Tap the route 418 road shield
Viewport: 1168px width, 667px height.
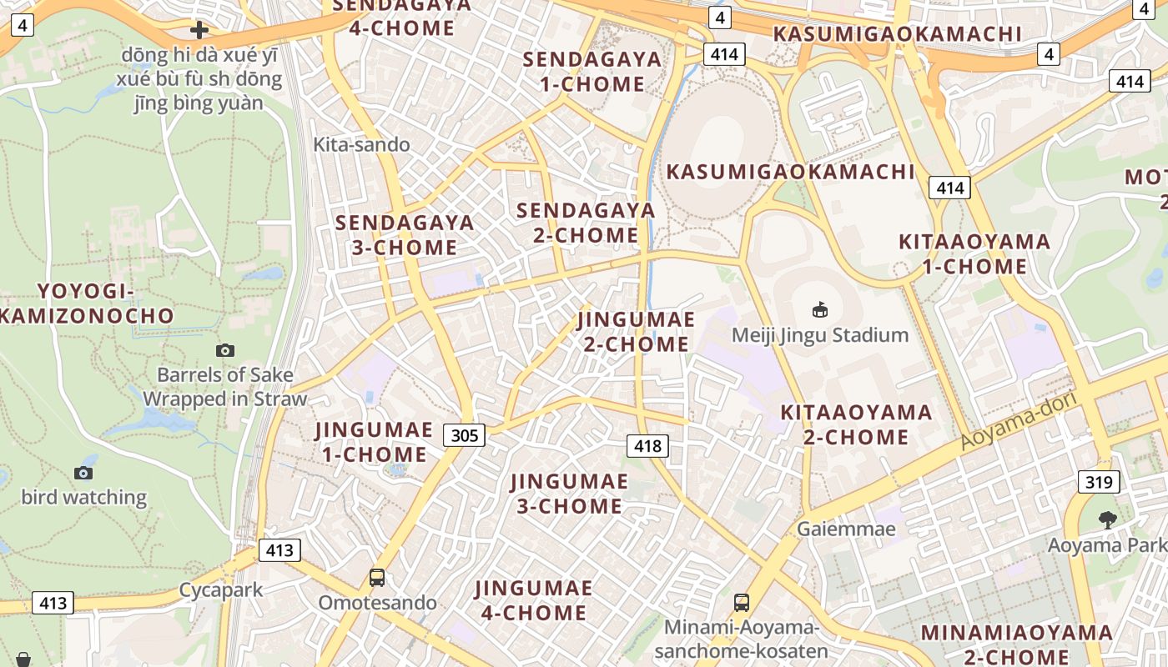click(x=647, y=446)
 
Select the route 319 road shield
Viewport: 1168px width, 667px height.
click(x=1099, y=481)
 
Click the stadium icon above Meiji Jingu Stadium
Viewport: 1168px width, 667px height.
click(x=820, y=310)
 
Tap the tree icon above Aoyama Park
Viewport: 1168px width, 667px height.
click(x=1107, y=520)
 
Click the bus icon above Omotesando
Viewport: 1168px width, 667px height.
click(x=377, y=577)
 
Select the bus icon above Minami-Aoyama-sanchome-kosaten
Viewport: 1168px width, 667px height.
click(x=741, y=602)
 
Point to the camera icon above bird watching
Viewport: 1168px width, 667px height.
click(x=83, y=473)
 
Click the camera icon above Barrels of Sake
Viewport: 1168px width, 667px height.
click(x=224, y=350)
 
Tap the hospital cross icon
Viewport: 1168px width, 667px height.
click(x=199, y=31)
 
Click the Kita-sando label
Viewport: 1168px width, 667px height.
click(x=361, y=145)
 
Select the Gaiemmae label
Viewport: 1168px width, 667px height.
click(x=846, y=529)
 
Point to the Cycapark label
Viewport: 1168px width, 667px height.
click(x=221, y=590)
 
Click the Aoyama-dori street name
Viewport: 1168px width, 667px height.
click(x=1019, y=420)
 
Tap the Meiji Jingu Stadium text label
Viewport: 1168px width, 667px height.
click(x=819, y=335)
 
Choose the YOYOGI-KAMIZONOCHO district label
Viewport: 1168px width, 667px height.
click(x=86, y=303)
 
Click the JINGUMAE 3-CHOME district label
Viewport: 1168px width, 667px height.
click(x=568, y=494)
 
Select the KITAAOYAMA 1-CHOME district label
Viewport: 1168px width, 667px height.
click(x=974, y=254)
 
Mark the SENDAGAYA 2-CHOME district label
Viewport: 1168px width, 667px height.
click(x=586, y=223)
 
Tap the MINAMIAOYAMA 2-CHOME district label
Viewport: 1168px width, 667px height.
click(x=1016, y=644)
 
